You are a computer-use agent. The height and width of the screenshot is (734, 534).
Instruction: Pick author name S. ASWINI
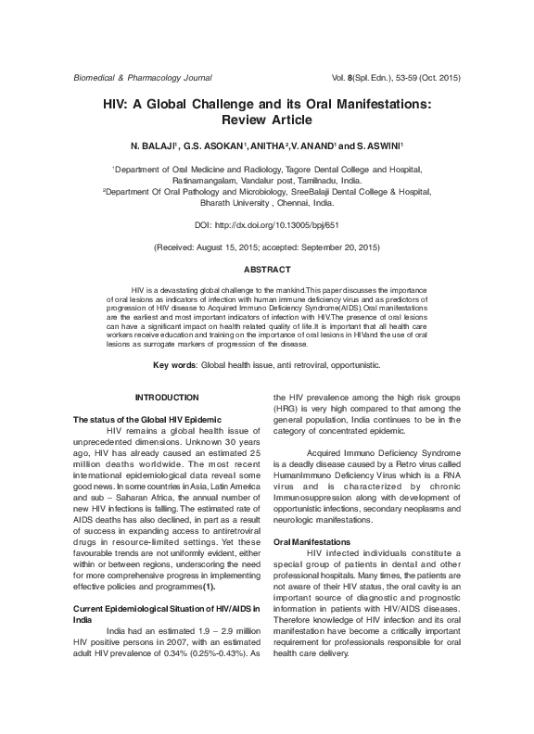click(x=377, y=146)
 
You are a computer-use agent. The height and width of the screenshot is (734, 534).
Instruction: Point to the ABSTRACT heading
click(x=267, y=269)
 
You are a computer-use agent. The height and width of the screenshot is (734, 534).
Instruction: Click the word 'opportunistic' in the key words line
click(x=350, y=364)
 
